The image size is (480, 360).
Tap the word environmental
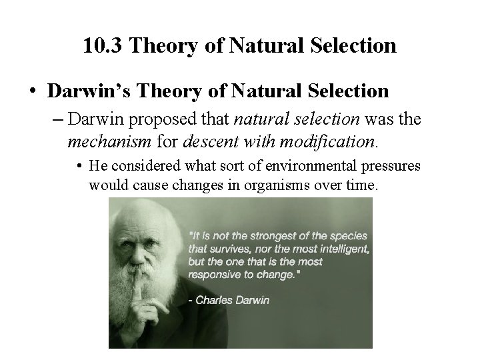coord(273,166)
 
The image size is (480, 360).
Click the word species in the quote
coord(348,236)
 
